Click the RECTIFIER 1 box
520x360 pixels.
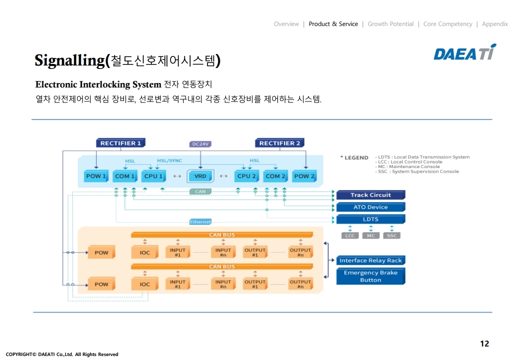[x=120, y=143]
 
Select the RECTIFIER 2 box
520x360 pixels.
[x=279, y=143]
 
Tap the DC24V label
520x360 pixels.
[x=200, y=144]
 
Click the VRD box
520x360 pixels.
[x=200, y=176]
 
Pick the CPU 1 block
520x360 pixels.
[x=153, y=176]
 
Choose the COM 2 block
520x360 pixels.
[x=275, y=176]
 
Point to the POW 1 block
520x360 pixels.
[x=96, y=176]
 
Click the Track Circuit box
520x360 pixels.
[x=370, y=195]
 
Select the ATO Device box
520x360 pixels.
[x=370, y=207]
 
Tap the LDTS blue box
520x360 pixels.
[x=370, y=219]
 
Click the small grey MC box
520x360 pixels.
[x=370, y=235]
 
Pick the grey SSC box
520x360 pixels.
[x=391, y=235]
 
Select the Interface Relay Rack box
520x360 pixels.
[x=370, y=260]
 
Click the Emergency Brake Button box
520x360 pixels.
[x=370, y=276]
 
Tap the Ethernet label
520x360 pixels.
[x=200, y=221]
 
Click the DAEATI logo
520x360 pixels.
[x=464, y=52]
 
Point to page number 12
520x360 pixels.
[x=484, y=343]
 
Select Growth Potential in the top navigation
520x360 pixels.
[x=390, y=24]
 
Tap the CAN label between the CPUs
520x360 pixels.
[x=200, y=191]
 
